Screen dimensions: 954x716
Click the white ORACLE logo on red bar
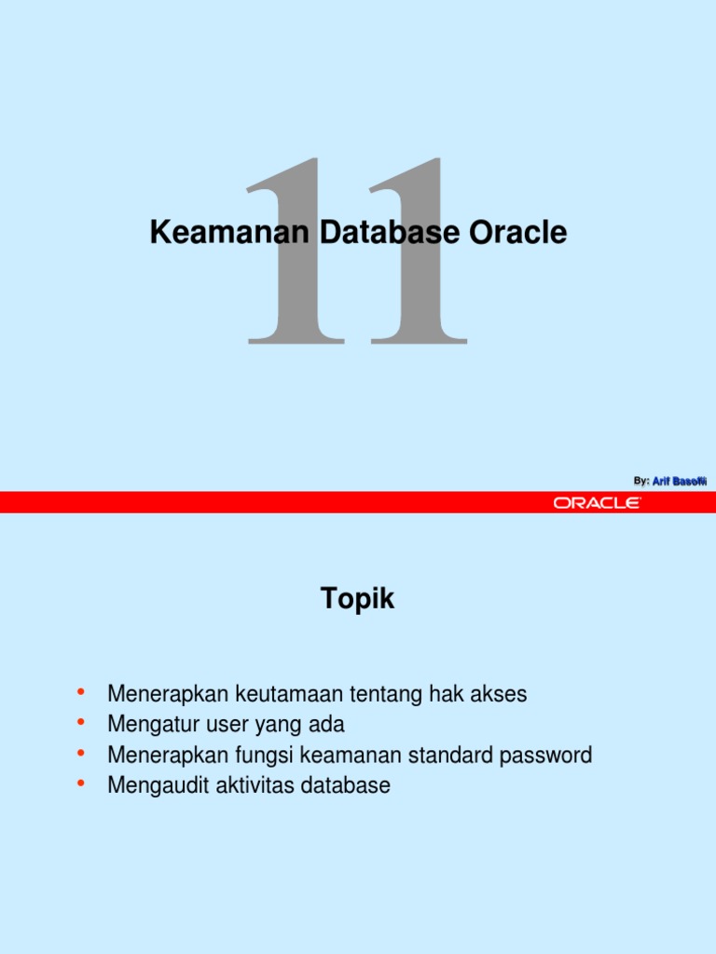[597, 503]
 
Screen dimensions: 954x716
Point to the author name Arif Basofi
[680, 481]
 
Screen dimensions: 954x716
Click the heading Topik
[358, 600]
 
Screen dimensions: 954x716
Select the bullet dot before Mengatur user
[81, 723]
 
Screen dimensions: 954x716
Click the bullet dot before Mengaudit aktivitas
[81, 784]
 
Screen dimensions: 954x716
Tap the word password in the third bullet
[550, 755]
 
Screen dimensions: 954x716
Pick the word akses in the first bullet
[501, 694]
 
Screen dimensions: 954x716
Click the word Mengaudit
[158, 785]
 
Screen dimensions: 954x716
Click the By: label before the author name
[640, 481]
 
